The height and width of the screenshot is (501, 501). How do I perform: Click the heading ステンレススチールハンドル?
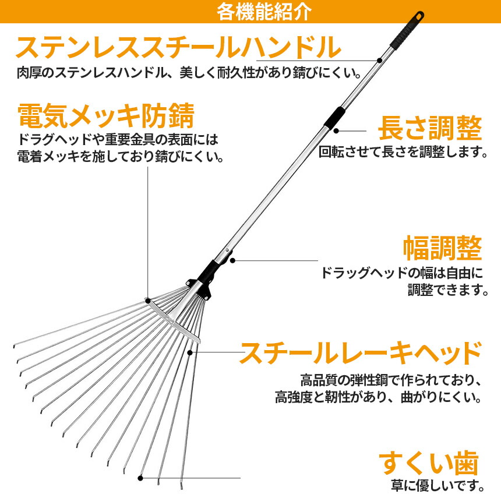(x=178, y=47)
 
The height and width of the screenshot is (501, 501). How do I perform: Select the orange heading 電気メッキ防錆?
(x=105, y=117)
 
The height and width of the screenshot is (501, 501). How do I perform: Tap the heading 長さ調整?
(x=430, y=128)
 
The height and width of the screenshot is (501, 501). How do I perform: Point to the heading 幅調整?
(x=443, y=249)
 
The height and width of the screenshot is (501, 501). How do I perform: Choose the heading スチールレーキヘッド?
(x=361, y=354)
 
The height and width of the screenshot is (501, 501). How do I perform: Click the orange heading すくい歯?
(x=429, y=464)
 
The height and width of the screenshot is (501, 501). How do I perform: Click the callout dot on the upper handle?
(x=379, y=60)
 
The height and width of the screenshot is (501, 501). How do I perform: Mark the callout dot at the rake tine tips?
(x=140, y=478)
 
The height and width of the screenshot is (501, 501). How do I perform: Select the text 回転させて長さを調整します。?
(x=403, y=152)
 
